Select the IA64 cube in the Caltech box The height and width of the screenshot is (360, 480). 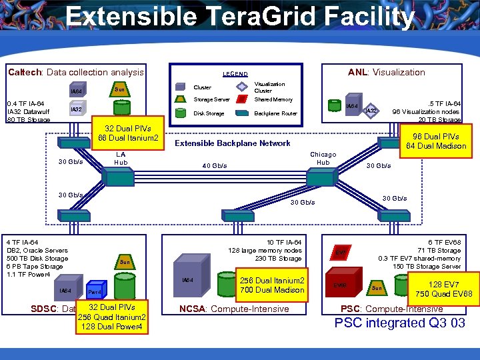click(77, 91)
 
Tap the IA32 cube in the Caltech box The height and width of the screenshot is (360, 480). click(77, 109)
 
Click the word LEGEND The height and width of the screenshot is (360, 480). click(235, 74)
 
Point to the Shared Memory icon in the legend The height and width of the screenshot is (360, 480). click(241, 99)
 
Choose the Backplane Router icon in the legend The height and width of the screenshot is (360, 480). click(241, 113)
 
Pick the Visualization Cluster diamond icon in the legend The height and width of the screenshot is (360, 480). click(241, 87)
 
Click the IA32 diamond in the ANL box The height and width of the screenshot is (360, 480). click(372, 110)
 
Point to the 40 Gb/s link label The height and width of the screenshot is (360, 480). click(214, 166)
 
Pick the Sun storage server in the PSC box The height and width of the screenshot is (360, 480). click(377, 288)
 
